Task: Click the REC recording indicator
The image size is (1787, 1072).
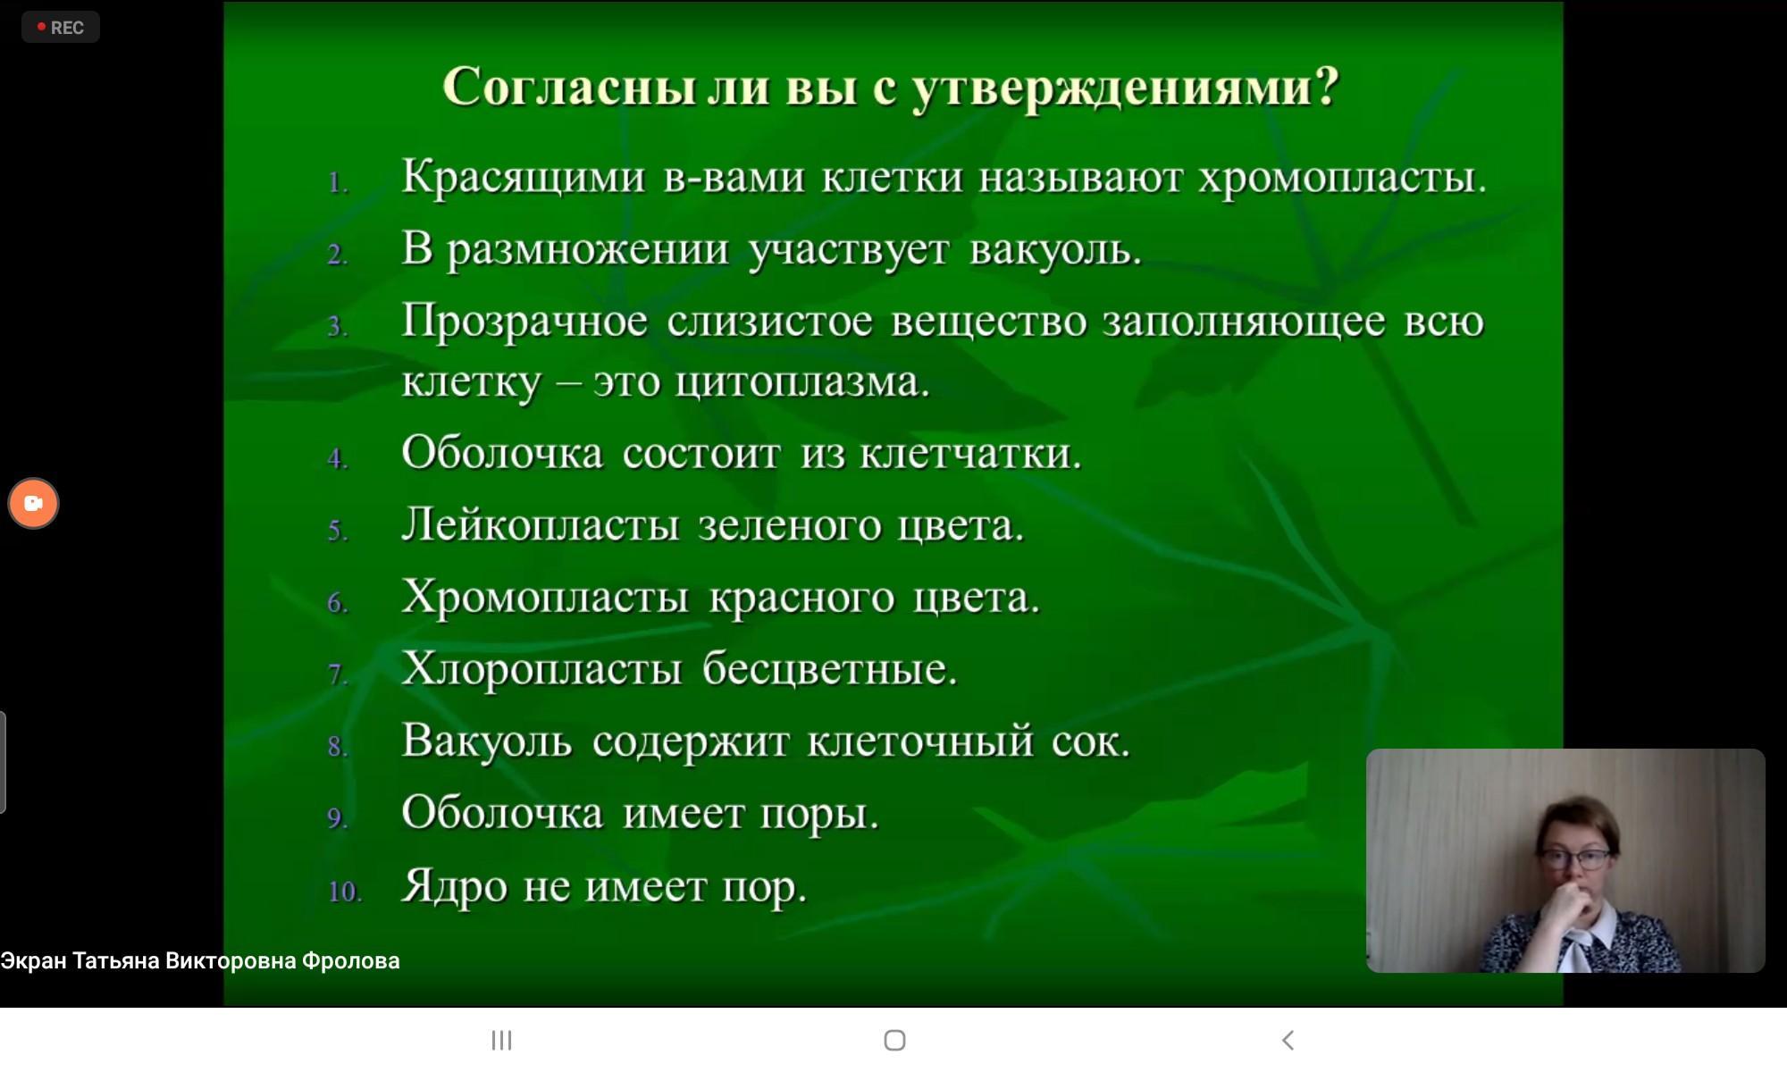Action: (61, 28)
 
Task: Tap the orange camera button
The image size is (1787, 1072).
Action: (34, 503)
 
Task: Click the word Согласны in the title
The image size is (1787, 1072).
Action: (569, 87)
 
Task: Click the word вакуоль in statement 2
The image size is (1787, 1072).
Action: (1055, 248)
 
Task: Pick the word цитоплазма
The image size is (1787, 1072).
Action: (802, 382)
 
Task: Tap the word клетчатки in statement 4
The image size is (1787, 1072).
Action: (970, 453)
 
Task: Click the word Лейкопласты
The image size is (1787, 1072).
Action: (541, 524)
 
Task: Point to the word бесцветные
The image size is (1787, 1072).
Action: (829, 668)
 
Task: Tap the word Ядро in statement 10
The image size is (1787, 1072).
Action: (454, 887)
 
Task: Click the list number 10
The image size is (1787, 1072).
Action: (345, 891)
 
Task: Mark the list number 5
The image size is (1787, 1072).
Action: (338, 531)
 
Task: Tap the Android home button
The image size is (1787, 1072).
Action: (894, 1040)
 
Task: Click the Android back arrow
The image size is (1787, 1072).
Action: (1288, 1040)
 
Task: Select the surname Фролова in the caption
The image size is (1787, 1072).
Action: (350, 961)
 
